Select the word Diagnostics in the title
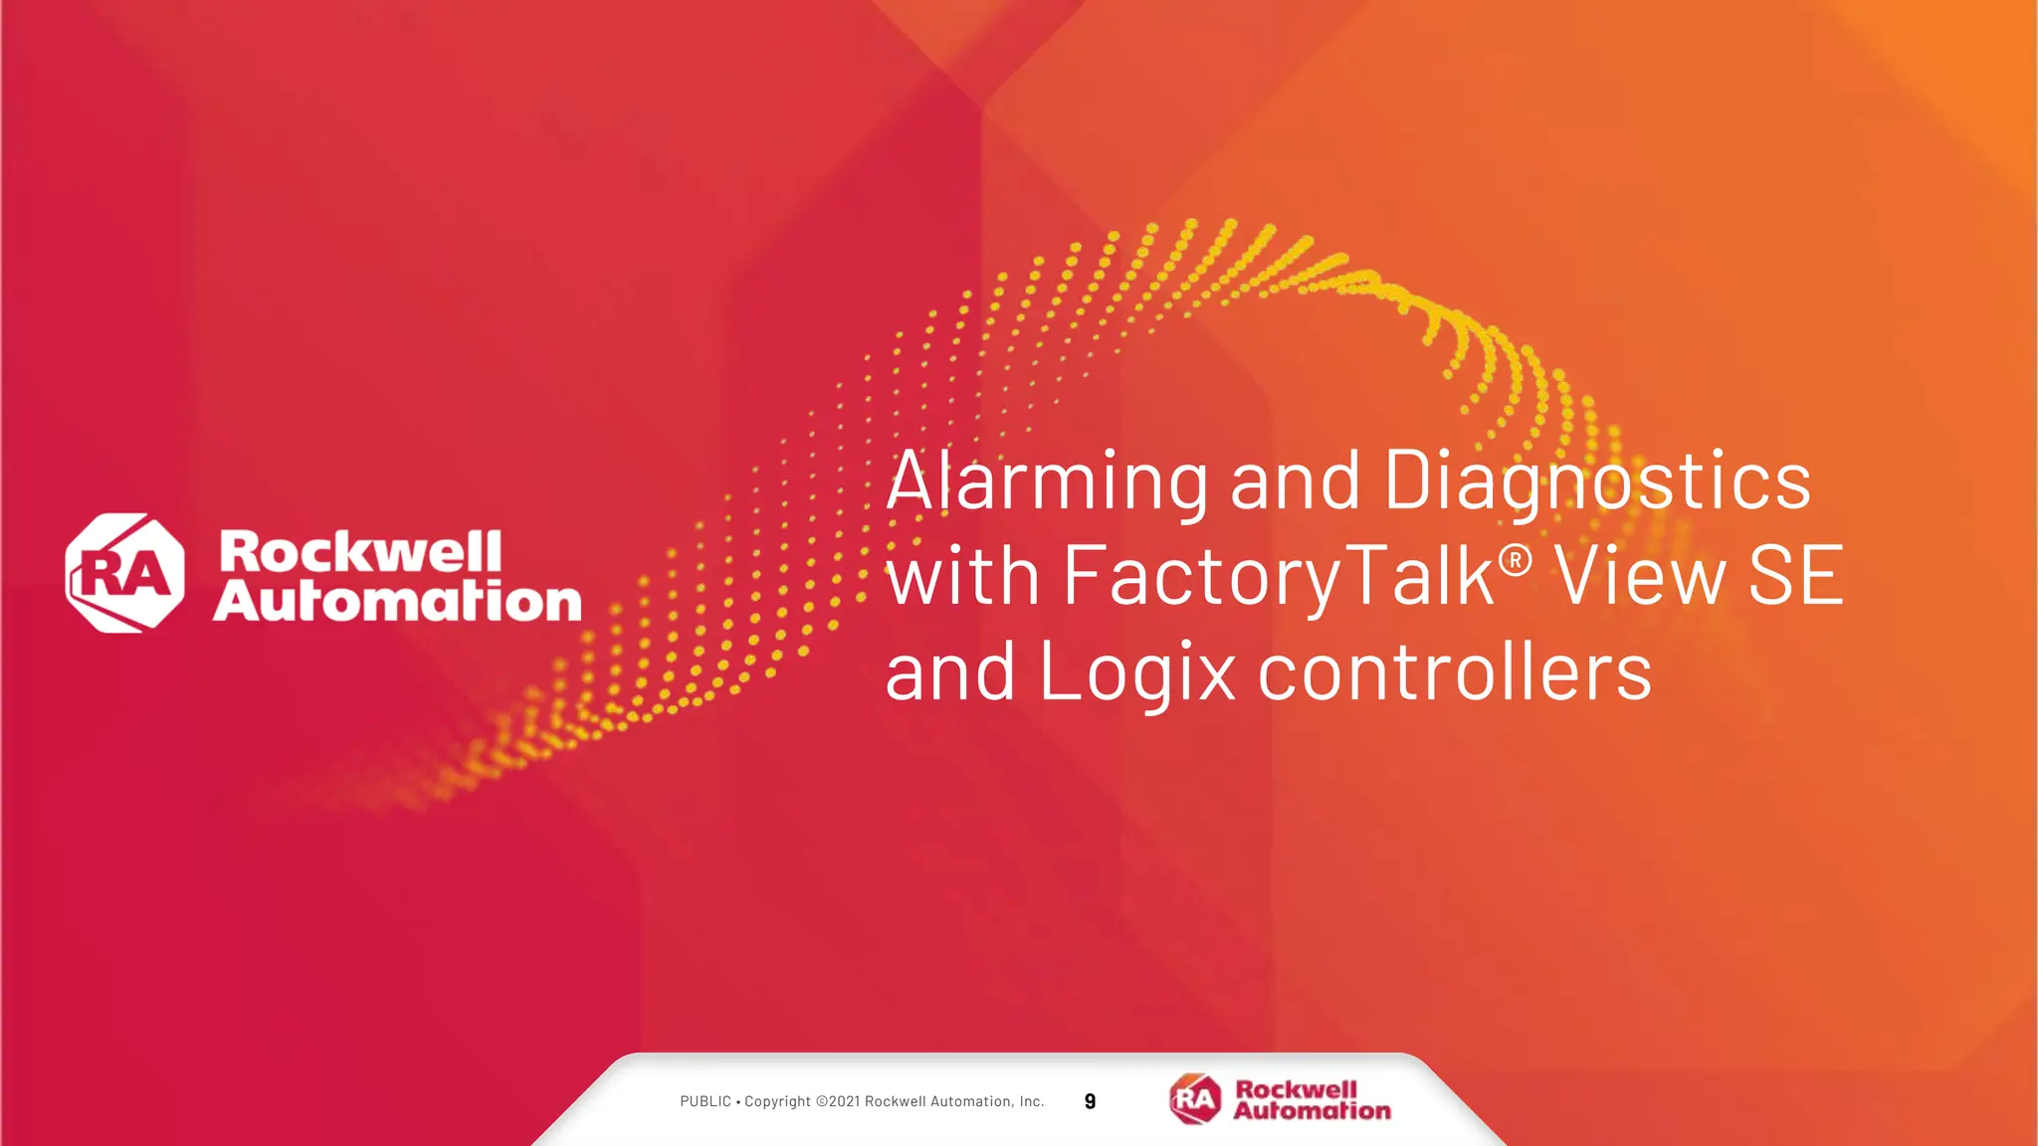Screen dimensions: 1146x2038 pyautogui.click(x=1596, y=481)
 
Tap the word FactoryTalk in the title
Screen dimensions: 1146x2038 pyautogui.click(x=1279, y=577)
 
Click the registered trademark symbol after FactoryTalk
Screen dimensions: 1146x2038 pyautogui.click(x=1515, y=561)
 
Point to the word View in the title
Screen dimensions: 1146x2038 pyautogui.click(x=1641, y=577)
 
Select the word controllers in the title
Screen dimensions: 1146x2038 pyautogui.click(x=1455, y=672)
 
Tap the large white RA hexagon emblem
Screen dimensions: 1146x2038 pyautogui.click(x=124, y=573)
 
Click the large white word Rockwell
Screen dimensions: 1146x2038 pyautogui.click(x=360, y=552)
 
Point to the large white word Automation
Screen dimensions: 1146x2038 pyautogui.click(x=397, y=601)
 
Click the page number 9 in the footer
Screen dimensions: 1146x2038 pyautogui.click(x=1090, y=1101)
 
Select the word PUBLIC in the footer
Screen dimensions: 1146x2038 pyautogui.click(x=706, y=1101)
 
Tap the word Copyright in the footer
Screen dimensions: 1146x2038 pyautogui.click(x=777, y=1101)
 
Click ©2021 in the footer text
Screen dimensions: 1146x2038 pyautogui.click(x=838, y=1101)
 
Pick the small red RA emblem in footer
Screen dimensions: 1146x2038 pyautogui.click(x=1195, y=1099)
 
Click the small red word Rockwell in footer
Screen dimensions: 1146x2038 pyautogui.click(x=1296, y=1089)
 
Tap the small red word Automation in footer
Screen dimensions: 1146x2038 pyautogui.click(x=1312, y=1110)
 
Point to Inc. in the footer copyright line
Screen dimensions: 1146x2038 pyautogui.click(x=1031, y=1101)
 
